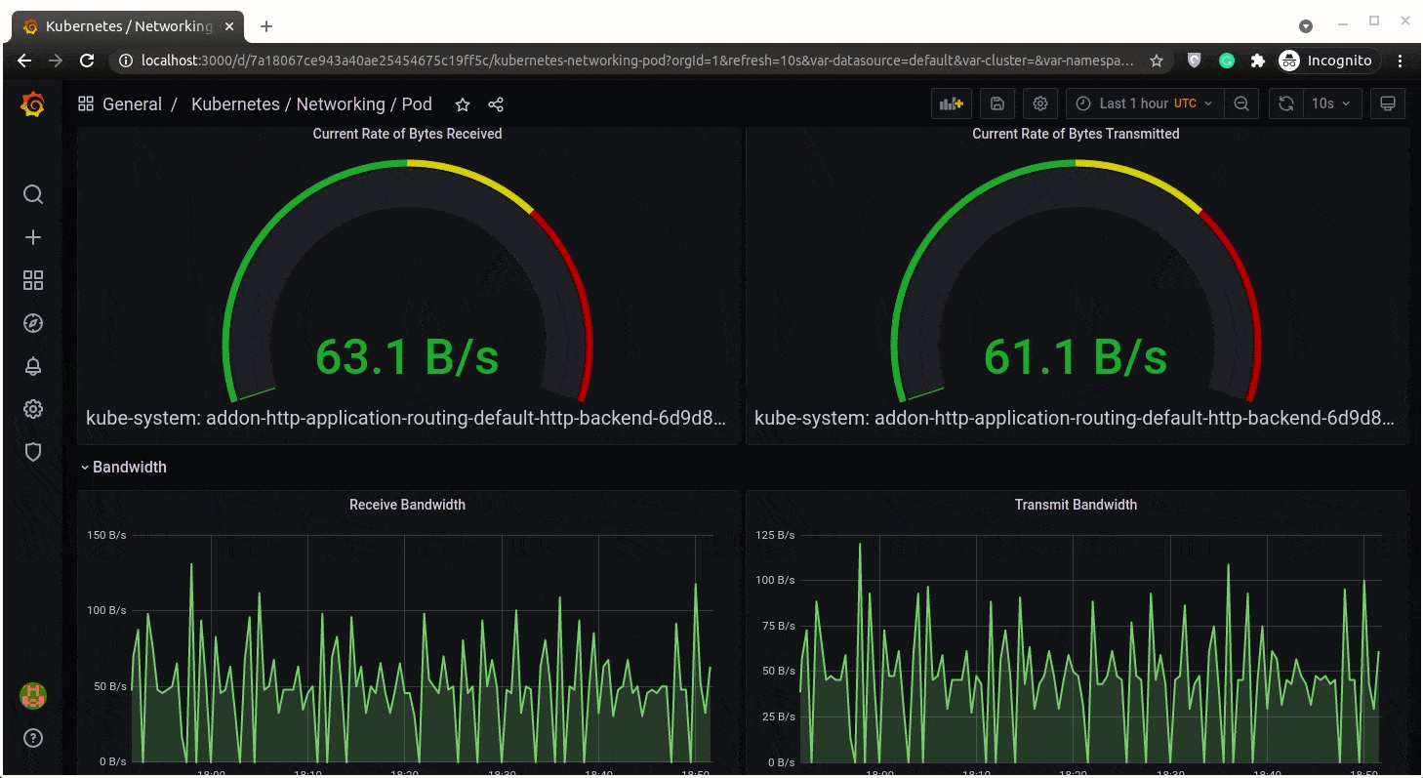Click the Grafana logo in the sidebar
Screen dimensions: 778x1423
[32, 104]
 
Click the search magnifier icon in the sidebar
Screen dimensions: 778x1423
[33, 194]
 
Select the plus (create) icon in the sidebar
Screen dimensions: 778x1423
[33, 237]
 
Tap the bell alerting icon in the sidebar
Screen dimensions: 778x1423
[33, 366]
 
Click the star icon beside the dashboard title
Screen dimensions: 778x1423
[463, 104]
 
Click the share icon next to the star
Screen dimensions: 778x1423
[495, 104]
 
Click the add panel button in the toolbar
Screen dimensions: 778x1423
[951, 103]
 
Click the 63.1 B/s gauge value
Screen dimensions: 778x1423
[407, 357]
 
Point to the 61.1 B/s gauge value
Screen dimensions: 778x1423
[1075, 357]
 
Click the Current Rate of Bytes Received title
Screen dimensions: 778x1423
[407, 134]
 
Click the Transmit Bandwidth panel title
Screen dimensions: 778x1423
[1076, 505]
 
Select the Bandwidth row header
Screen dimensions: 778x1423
[129, 467]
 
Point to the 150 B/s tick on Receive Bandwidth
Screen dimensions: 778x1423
[106, 535]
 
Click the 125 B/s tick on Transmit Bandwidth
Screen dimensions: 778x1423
[775, 535]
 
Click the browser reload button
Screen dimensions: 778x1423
[87, 61]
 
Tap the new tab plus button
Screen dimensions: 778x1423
[266, 26]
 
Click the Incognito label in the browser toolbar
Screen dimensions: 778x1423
[1338, 61]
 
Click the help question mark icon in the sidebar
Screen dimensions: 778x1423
[33, 738]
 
